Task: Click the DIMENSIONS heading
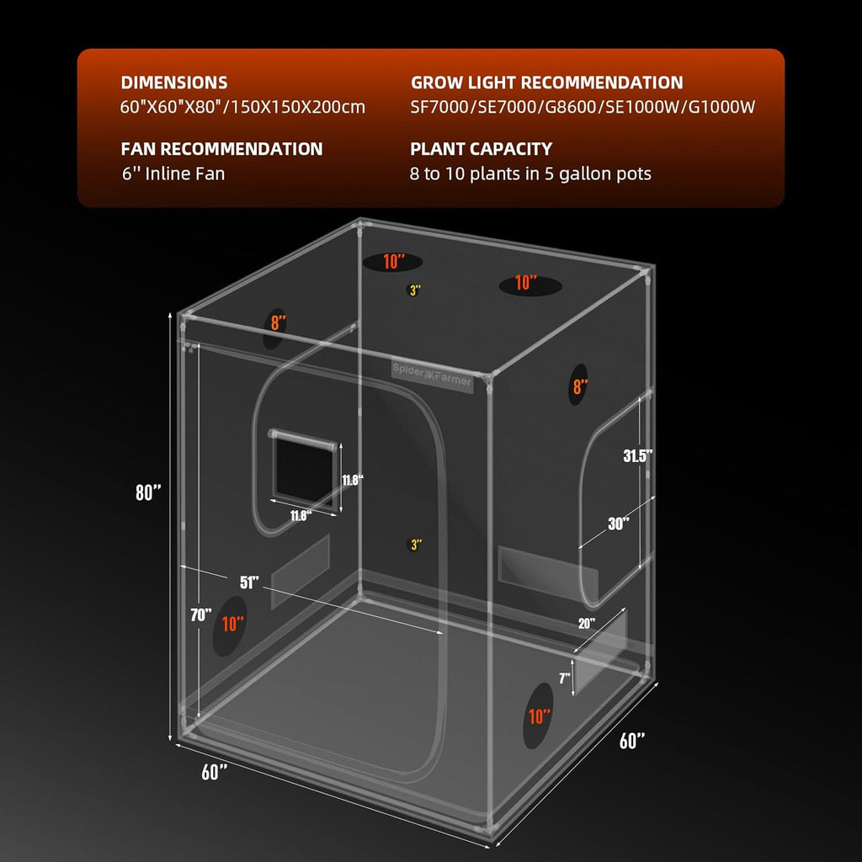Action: click(x=174, y=82)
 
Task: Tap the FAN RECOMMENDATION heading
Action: click(x=221, y=149)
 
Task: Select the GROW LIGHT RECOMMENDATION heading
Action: click(x=546, y=82)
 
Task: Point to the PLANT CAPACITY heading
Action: click(x=481, y=149)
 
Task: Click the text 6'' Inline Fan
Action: click(x=173, y=174)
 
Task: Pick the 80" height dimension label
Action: click(x=148, y=493)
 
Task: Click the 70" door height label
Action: click(x=200, y=615)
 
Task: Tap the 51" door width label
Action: click(x=249, y=582)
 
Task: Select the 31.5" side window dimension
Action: click(x=638, y=455)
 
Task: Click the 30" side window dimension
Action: click(x=618, y=523)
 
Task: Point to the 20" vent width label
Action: click(x=586, y=624)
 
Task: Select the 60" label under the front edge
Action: click(x=215, y=771)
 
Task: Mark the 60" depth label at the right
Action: click(x=632, y=741)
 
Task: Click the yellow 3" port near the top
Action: click(x=415, y=290)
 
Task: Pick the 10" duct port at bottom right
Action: click(x=539, y=716)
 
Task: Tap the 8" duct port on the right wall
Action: click(x=580, y=386)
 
